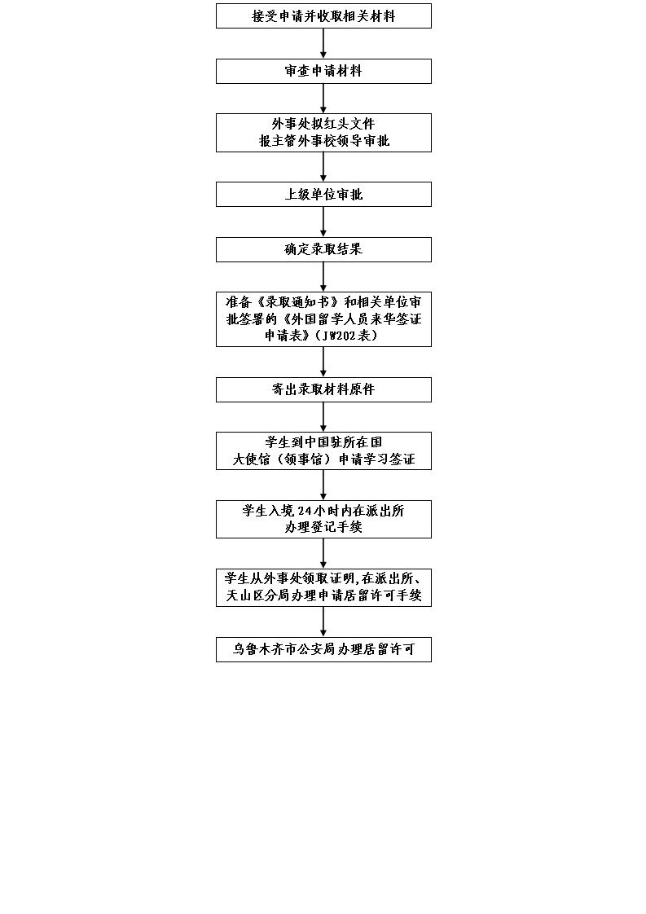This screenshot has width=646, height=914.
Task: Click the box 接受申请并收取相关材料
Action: tap(323, 15)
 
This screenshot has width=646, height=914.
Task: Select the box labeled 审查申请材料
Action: tap(323, 71)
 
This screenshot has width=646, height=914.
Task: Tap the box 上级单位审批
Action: tap(323, 194)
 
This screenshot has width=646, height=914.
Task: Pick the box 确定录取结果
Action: tap(323, 249)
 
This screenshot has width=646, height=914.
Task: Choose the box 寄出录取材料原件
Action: tap(323, 389)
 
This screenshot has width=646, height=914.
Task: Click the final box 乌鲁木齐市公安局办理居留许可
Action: tap(323, 649)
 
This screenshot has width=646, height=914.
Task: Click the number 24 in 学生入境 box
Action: tap(305, 512)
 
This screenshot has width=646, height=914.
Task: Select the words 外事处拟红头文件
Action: tap(323, 124)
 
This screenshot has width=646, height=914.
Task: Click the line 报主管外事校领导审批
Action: tap(324, 140)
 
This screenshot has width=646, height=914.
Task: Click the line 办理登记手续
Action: tap(323, 527)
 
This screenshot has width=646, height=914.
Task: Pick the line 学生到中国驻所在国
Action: tap(323, 442)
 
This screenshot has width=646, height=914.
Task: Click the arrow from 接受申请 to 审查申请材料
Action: tap(323, 44)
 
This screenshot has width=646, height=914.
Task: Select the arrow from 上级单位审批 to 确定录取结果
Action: tap(323, 222)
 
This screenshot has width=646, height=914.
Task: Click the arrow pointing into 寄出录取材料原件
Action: tap(323, 362)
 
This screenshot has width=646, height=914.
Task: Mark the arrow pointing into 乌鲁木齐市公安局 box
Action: tap(323, 622)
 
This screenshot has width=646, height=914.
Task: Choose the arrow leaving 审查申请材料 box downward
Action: tap(323, 99)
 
